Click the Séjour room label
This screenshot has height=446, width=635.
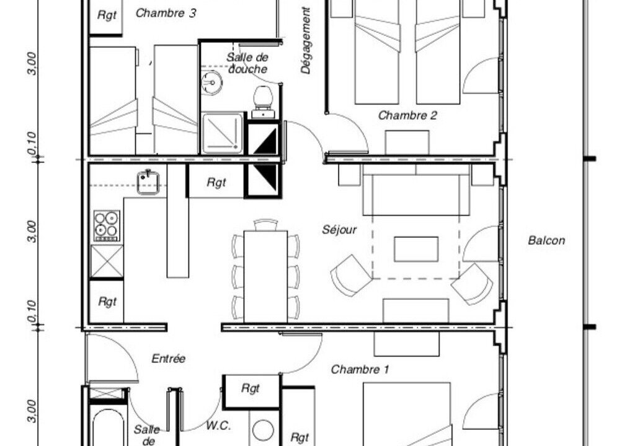pyautogui.click(x=339, y=230)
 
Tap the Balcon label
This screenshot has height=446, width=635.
pyautogui.click(x=546, y=240)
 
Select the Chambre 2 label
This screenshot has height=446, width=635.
pyautogui.click(x=407, y=115)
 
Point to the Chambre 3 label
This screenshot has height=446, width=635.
pyautogui.click(x=166, y=13)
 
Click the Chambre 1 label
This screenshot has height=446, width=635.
pyautogui.click(x=360, y=370)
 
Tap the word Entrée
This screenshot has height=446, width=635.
pyautogui.click(x=169, y=359)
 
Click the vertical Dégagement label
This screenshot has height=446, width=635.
pyautogui.click(x=306, y=40)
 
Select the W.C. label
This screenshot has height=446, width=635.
pyautogui.click(x=218, y=426)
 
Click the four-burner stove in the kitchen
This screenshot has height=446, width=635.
pyautogui.click(x=107, y=226)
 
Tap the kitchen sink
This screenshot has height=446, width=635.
pyautogui.click(x=148, y=182)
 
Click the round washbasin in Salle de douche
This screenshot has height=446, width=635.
pyautogui.click(x=211, y=82)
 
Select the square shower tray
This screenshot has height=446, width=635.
pyautogui.click(x=223, y=134)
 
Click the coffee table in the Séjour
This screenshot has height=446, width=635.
pyautogui.click(x=416, y=249)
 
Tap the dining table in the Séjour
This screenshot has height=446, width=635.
pyautogui.click(x=265, y=277)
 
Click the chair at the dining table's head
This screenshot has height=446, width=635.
pyautogui.click(x=265, y=225)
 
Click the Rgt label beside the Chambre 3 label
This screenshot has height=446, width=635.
pyautogui.click(x=107, y=15)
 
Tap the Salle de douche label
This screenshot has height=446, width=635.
pyautogui.click(x=247, y=63)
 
